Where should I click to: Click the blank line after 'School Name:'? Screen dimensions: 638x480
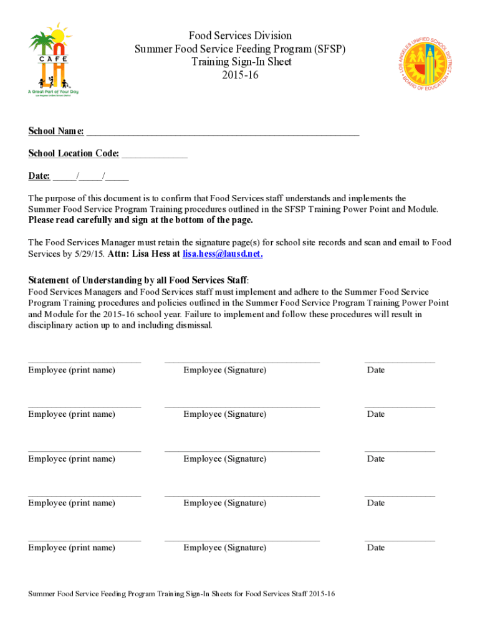coord(223,132)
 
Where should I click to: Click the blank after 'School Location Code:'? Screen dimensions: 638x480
coord(155,154)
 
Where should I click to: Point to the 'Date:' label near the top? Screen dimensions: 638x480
coord(39,176)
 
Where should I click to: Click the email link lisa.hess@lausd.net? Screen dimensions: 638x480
coord(223,254)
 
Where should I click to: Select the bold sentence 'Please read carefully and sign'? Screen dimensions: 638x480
coord(141,221)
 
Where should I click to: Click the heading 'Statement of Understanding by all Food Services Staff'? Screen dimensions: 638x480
coord(138,279)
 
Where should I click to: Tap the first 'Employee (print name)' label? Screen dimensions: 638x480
coord(72,370)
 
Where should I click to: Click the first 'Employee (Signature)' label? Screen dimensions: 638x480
coord(224,370)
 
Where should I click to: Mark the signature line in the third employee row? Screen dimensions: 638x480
coord(242,450)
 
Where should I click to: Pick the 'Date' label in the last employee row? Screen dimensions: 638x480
coord(376,548)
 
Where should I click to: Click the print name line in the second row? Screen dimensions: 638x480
coord(84,406)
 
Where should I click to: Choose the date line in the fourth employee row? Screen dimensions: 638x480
coord(400,495)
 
